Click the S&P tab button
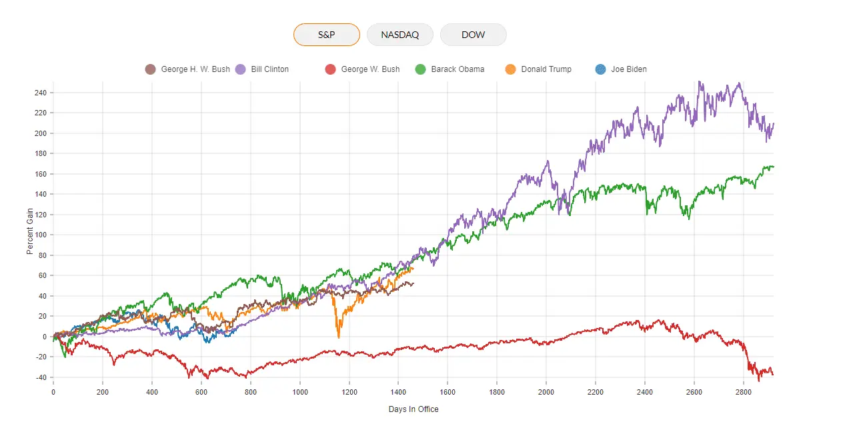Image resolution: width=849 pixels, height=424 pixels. (326, 35)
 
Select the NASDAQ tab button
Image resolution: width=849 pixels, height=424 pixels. (400, 35)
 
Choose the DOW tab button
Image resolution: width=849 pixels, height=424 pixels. (473, 35)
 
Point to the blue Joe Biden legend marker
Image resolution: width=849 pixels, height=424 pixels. (600, 69)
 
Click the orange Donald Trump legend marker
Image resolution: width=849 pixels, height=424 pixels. (511, 69)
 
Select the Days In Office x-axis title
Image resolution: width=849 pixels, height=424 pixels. (413, 409)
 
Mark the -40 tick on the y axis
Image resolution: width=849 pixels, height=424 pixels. (41, 377)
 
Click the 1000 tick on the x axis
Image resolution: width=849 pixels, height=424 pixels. (299, 392)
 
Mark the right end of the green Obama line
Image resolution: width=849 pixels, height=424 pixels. (773, 167)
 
